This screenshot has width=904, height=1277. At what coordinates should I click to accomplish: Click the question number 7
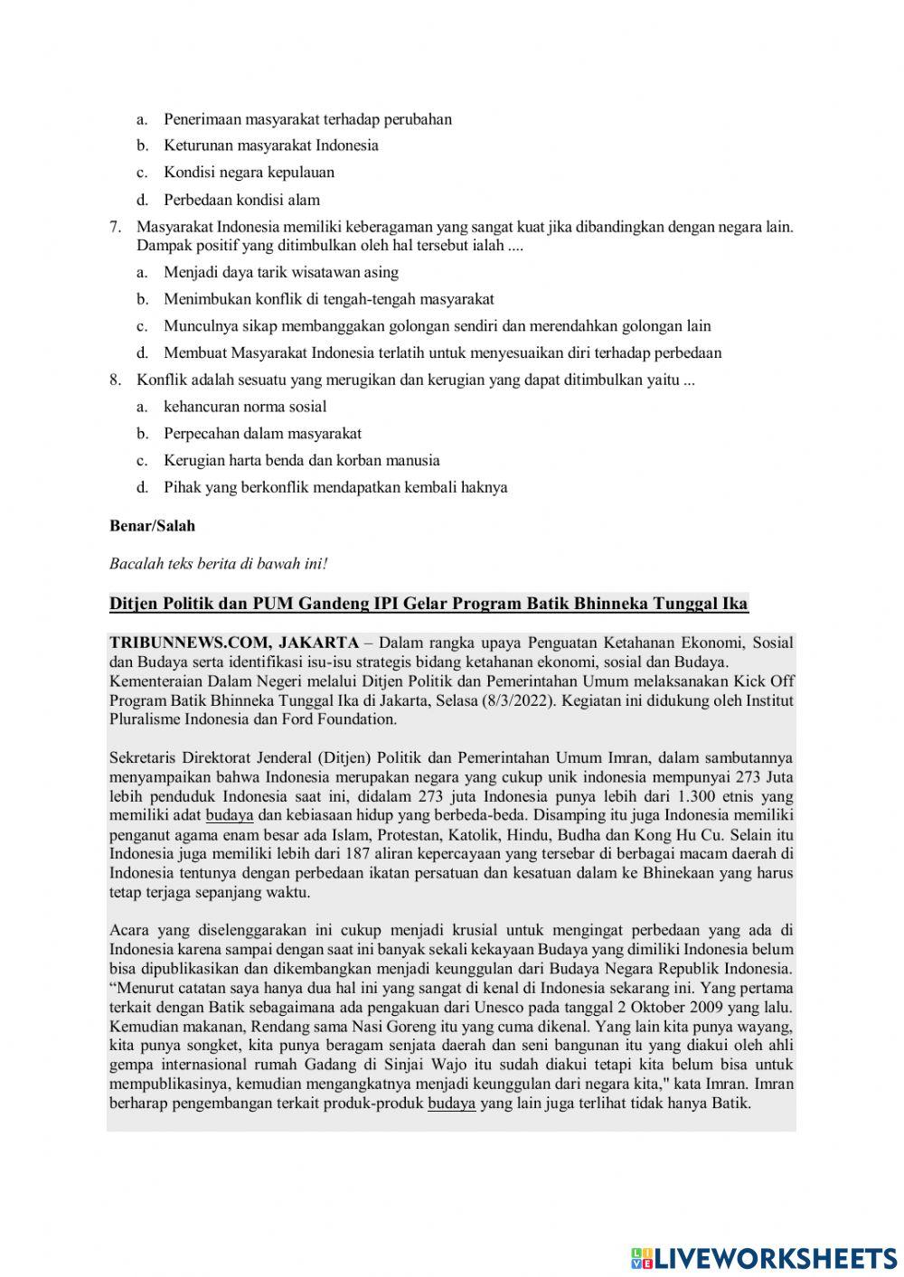[x=115, y=227]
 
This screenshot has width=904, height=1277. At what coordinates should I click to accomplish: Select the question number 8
[x=115, y=380]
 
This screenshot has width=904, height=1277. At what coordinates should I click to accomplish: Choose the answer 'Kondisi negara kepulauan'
[x=249, y=173]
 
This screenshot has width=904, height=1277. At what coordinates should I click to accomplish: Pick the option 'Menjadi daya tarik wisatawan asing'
[x=280, y=272]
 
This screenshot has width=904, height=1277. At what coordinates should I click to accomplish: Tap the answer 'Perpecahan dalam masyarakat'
[x=262, y=434]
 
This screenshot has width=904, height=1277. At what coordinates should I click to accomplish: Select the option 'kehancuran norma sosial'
[x=245, y=407]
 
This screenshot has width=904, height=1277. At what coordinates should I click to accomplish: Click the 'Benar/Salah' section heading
[x=152, y=526]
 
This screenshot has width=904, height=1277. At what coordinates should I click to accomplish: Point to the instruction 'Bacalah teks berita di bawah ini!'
[x=218, y=564]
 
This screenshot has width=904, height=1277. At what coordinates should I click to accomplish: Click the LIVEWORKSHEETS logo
[x=764, y=1257]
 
